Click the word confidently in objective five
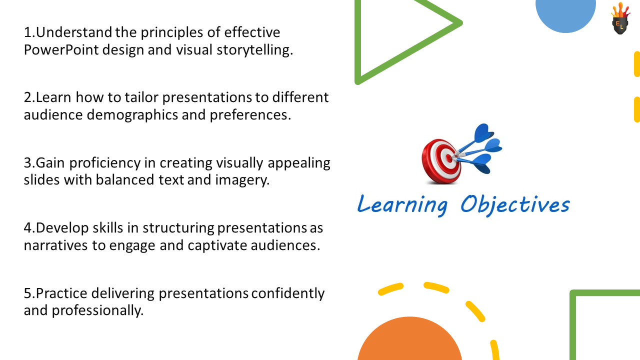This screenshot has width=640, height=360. pyautogui.click(x=287, y=293)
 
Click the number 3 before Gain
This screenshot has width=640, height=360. pyautogui.click(x=28, y=163)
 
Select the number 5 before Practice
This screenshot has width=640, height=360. pyautogui.click(x=28, y=293)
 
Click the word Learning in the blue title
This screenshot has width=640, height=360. pyautogui.click(x=401, y=204)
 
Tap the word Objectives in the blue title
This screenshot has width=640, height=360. pyautogui.click(x=514, y=204)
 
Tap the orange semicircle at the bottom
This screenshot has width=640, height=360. pyautogui.click(x=409, y=342)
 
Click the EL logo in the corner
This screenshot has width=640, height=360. pyautogui.click(x=620, y=19)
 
